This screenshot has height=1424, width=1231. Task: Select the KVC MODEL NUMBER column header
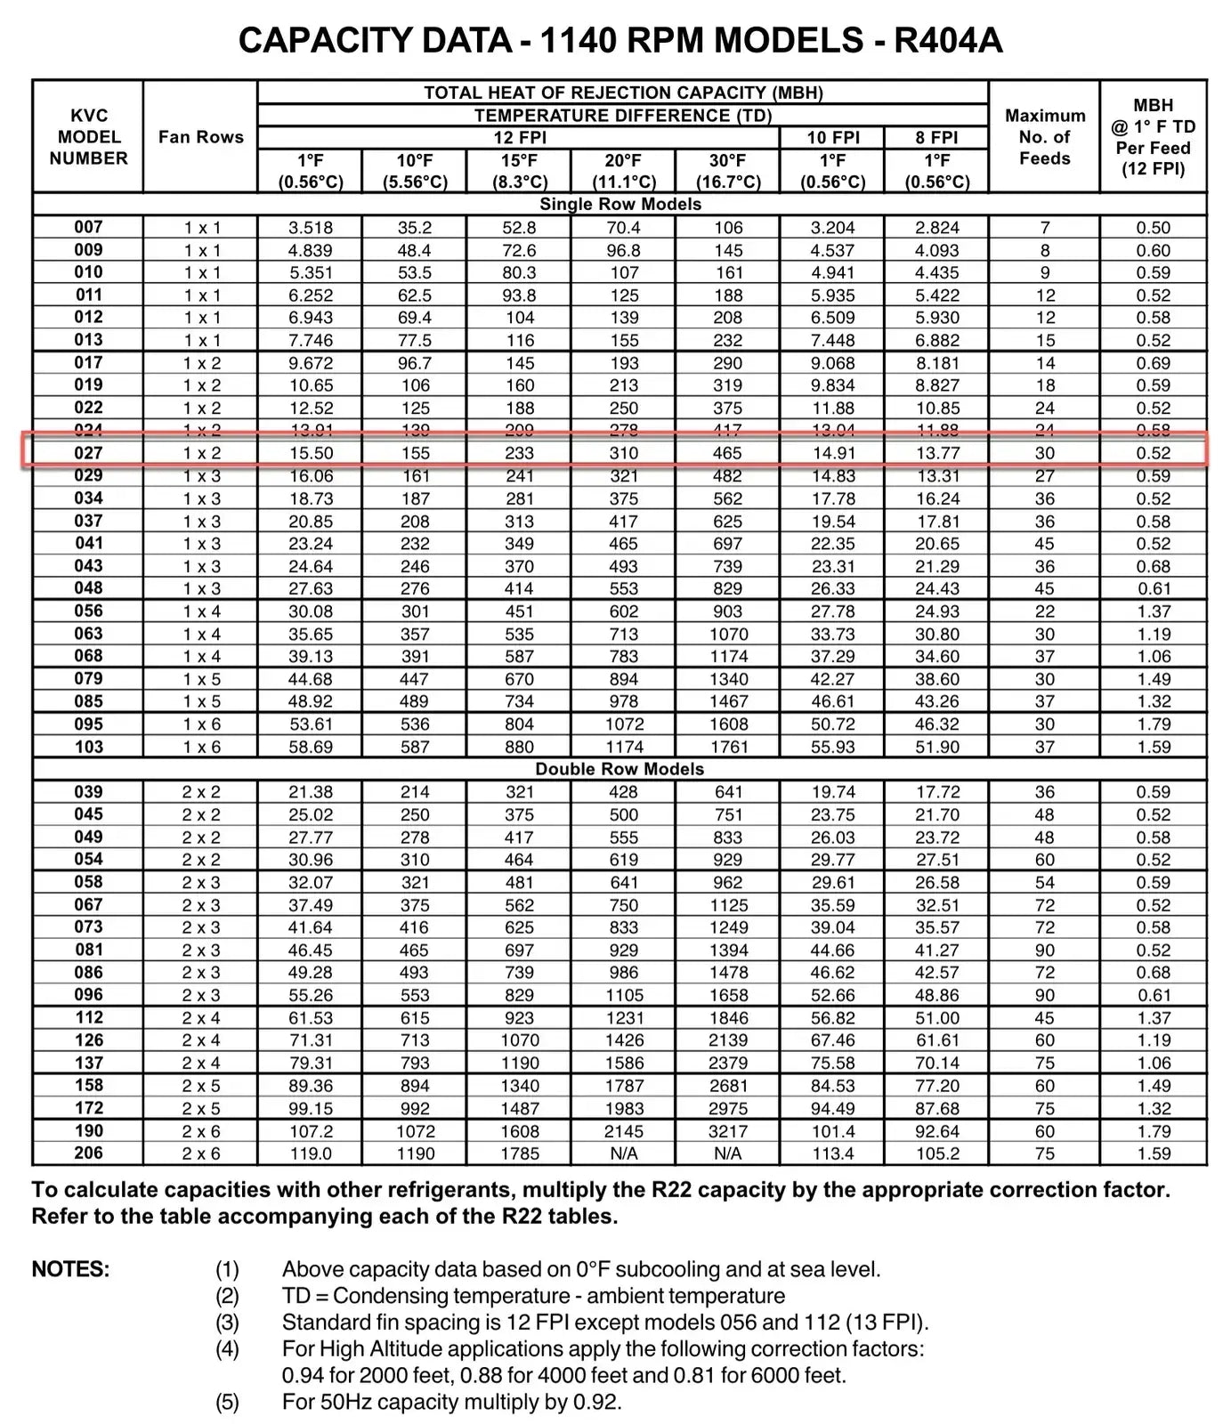click(88, 137)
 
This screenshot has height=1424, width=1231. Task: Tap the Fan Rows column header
click(201, 137)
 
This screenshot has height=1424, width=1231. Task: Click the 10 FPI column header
click(832, 138)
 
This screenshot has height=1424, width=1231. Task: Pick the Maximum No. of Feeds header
click(1045, 137)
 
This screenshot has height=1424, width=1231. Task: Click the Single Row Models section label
click(620, 204)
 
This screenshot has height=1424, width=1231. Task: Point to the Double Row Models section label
click(620, 769)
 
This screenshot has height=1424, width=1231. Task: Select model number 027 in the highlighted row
click(88, 453)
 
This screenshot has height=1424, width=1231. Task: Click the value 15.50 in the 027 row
click(311, 453)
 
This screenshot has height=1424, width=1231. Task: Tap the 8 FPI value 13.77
click(937, 453)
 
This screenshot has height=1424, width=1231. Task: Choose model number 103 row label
click(88, 747)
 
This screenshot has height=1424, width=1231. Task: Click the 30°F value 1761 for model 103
click(728, 747)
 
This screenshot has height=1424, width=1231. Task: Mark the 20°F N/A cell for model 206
click(624, 1153)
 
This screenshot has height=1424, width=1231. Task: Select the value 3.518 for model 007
click(311, 228)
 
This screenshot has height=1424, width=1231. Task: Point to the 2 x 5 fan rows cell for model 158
click(201, 1086)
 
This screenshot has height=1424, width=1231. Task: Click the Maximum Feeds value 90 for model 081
click(1045, 951)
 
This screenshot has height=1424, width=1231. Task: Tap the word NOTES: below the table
click(71, 1269)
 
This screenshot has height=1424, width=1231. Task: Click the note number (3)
click(227, 1323)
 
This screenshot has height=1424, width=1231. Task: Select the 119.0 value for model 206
click(311, 1153)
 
